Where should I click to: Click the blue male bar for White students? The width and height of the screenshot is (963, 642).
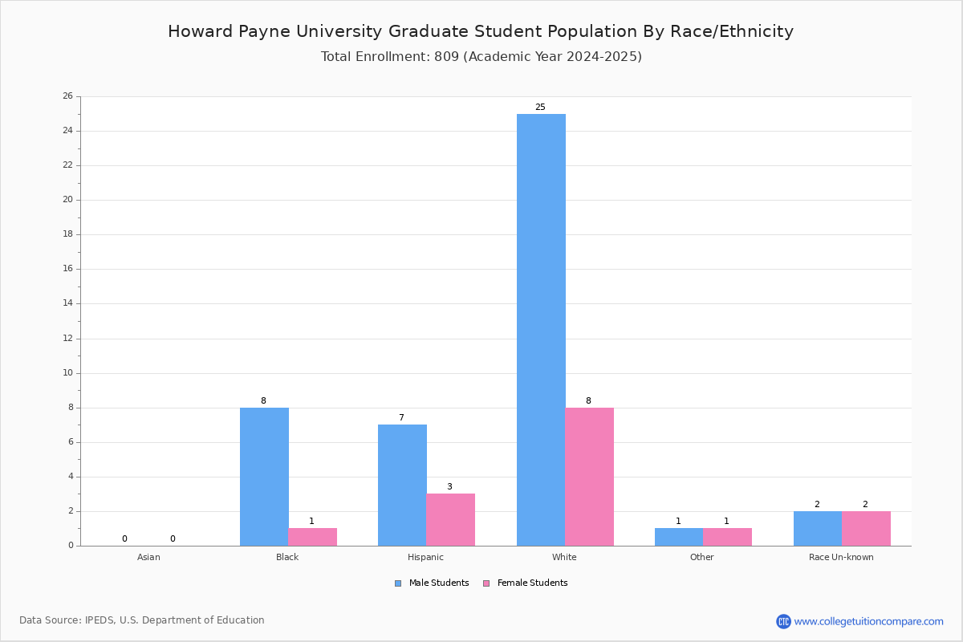click(541, 330)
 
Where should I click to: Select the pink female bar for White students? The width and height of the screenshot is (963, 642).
click(589, 477)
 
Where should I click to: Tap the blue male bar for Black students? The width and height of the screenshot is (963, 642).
click(264, 477)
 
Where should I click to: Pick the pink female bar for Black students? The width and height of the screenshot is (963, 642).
click(312, 537)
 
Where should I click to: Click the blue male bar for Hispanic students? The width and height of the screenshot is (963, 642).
click(402, 486)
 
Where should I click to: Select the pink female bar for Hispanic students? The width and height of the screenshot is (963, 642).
click(450, 520)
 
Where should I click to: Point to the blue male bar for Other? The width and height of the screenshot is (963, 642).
click(679, 537)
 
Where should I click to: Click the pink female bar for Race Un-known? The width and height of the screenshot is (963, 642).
click(866, 529)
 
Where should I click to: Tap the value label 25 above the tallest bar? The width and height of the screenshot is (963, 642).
click(540, 107)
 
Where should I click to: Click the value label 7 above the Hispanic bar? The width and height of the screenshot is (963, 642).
click(401, 417)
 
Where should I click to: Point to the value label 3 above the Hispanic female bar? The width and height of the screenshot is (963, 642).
click(449, 487)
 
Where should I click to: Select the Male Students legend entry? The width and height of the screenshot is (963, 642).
click(432, 583)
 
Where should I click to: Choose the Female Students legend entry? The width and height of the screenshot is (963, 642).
click(526, 583)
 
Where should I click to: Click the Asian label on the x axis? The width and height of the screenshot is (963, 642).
click(148, 557)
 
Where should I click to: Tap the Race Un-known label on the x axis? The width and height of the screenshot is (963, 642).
click(841, 557)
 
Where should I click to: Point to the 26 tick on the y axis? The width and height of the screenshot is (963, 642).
click(68, 95)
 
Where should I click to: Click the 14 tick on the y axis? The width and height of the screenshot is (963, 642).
click(68, 303)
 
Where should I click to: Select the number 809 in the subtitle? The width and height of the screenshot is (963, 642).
click(447, 57)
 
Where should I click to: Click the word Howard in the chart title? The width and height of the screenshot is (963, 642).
click(201, 31)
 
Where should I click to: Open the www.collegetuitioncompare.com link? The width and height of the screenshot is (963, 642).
click(869, 622)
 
